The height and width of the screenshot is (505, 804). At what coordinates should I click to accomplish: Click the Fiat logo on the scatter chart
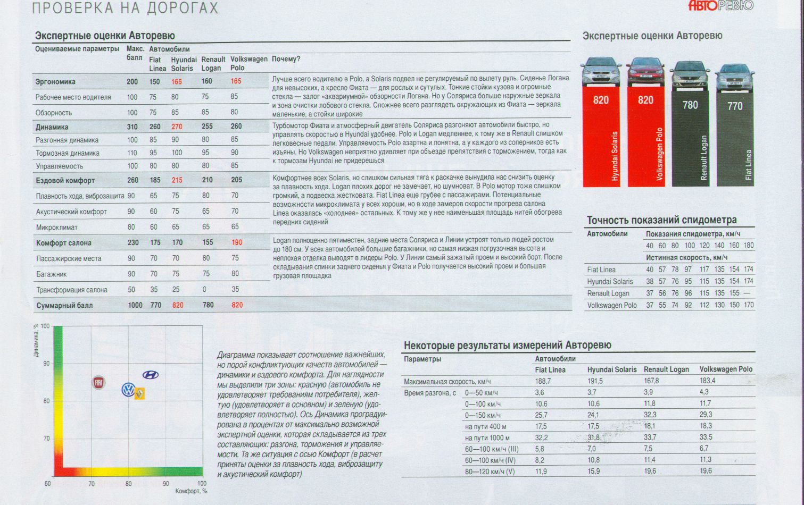[x=98, y=383]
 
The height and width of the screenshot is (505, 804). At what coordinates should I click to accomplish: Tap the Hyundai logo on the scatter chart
[x=151, y=375]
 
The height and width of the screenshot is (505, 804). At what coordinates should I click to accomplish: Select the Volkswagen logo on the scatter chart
[x=128, y=390]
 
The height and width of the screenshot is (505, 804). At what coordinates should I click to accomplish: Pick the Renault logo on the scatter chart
[x=139, y=393]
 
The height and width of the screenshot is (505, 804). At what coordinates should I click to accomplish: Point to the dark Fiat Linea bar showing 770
[x=735, y=140]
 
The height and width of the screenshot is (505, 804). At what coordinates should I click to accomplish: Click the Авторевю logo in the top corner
[x=721, y=6]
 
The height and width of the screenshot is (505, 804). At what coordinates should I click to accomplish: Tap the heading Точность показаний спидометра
[x=661, y=220]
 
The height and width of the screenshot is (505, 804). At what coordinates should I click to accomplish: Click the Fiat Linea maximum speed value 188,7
[x=543, y=381]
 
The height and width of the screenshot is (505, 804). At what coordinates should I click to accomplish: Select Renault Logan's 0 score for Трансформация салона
[x=204, y=289]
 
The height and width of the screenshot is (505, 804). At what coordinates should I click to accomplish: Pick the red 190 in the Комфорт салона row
[x=237, y=242]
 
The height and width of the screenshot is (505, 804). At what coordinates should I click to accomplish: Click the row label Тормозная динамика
[x=68, y=154]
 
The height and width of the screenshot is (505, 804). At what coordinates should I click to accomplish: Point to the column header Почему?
[x=286, y=59]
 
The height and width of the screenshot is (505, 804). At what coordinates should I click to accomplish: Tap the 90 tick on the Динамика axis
[x=46, y=364]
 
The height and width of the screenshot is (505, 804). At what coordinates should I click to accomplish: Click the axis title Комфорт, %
[x=191, y=491]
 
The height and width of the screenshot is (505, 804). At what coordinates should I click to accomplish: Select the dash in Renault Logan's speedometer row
[x=747, y=293]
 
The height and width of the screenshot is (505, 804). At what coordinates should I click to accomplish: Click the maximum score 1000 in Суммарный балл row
[x=135, y=305]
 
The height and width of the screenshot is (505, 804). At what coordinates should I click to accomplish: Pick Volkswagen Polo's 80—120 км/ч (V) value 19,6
[x=705, y=471]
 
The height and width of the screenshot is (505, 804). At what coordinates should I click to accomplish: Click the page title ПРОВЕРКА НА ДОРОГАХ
[x=125, y=8]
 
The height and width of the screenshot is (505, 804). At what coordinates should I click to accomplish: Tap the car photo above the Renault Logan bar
[x=690, y=76]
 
